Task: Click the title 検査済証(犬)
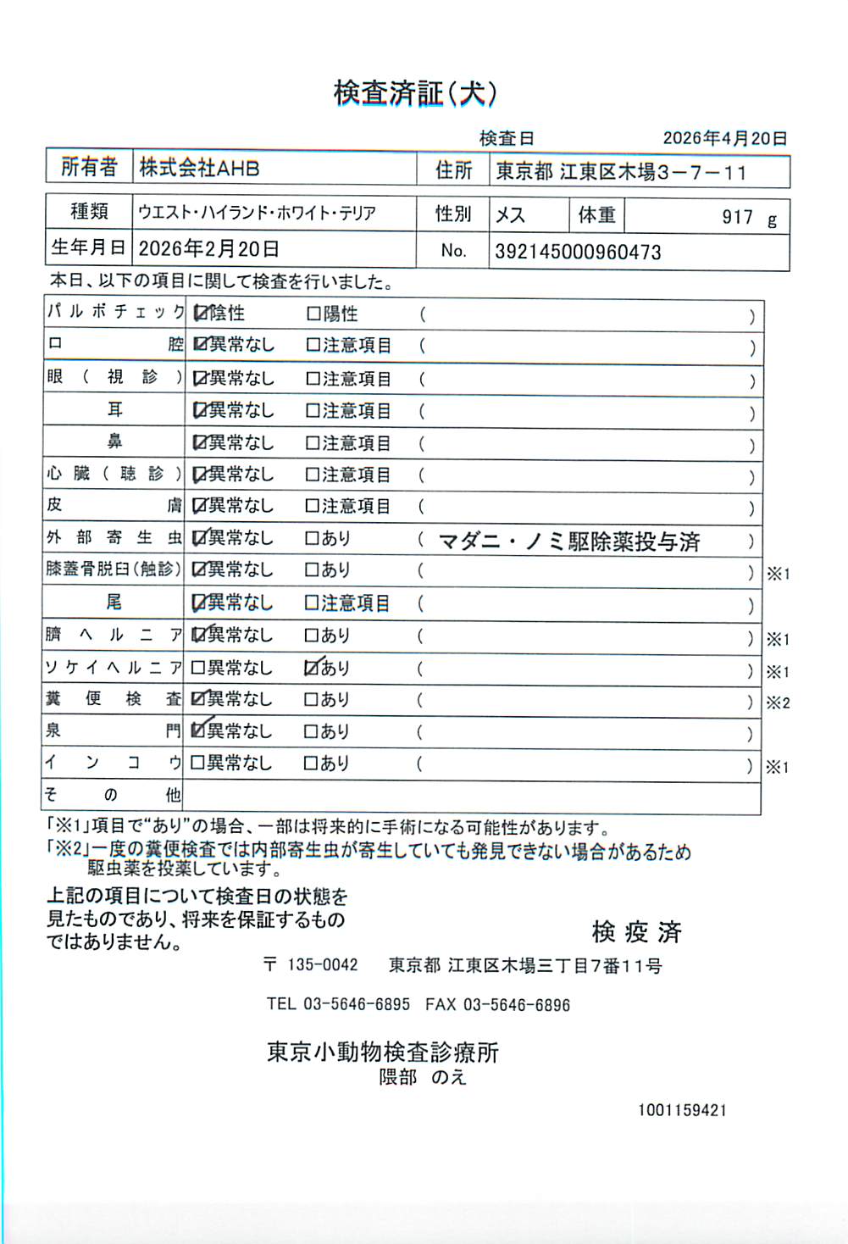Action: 415,93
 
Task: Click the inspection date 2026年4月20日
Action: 724,138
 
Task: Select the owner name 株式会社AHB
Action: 199,168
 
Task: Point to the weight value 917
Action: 736,217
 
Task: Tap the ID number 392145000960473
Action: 578,252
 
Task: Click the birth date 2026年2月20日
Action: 208,249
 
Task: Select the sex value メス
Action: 510,215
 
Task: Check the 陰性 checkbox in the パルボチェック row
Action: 200,314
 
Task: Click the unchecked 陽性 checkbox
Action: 313,314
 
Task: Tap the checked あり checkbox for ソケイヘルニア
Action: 312,668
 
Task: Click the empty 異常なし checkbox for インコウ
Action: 198,764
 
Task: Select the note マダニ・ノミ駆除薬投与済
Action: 569,541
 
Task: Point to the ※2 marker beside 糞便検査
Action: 778,703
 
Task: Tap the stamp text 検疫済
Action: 636,932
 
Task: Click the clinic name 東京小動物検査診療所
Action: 383,1052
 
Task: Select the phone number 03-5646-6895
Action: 357,1004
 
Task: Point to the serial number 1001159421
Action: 682,1110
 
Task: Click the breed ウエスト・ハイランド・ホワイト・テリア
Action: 257,213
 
